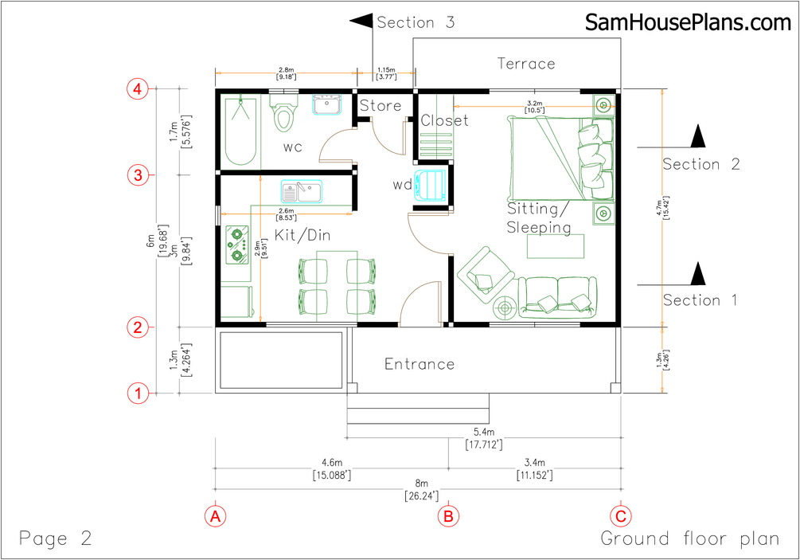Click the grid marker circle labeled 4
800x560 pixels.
pyautogui.click(x=137, y=89)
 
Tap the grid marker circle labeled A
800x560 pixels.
pyautogui.click(x=215, y=516)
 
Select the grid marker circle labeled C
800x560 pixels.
pyautogui.click(x=621, y=516)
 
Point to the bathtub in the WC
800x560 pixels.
pyautogui.click(x=240, y=131)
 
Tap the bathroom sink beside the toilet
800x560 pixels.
pyautogui.click(x=326, y=104)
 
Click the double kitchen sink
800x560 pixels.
pyautogui.click(x=302, y=191)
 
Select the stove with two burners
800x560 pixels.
pyautogui.click(x=237, y=245)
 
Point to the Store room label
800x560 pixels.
pyautogui.click(x=380, y=106)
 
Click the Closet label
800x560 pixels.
pyautogui.click(x=444, y=120)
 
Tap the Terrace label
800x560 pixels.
pyautogui.click(x=526, y=64)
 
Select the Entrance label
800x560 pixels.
pyautogui.click(x=420, y=364)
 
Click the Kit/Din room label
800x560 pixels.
pyautogui.click(x=302, y=235)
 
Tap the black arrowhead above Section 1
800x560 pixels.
pyautogui.click(x=698, y=274)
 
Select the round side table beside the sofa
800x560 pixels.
pyautogui.click(x=505, y=307)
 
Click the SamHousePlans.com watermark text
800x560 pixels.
pyautogui.click(x=688, y=22)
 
